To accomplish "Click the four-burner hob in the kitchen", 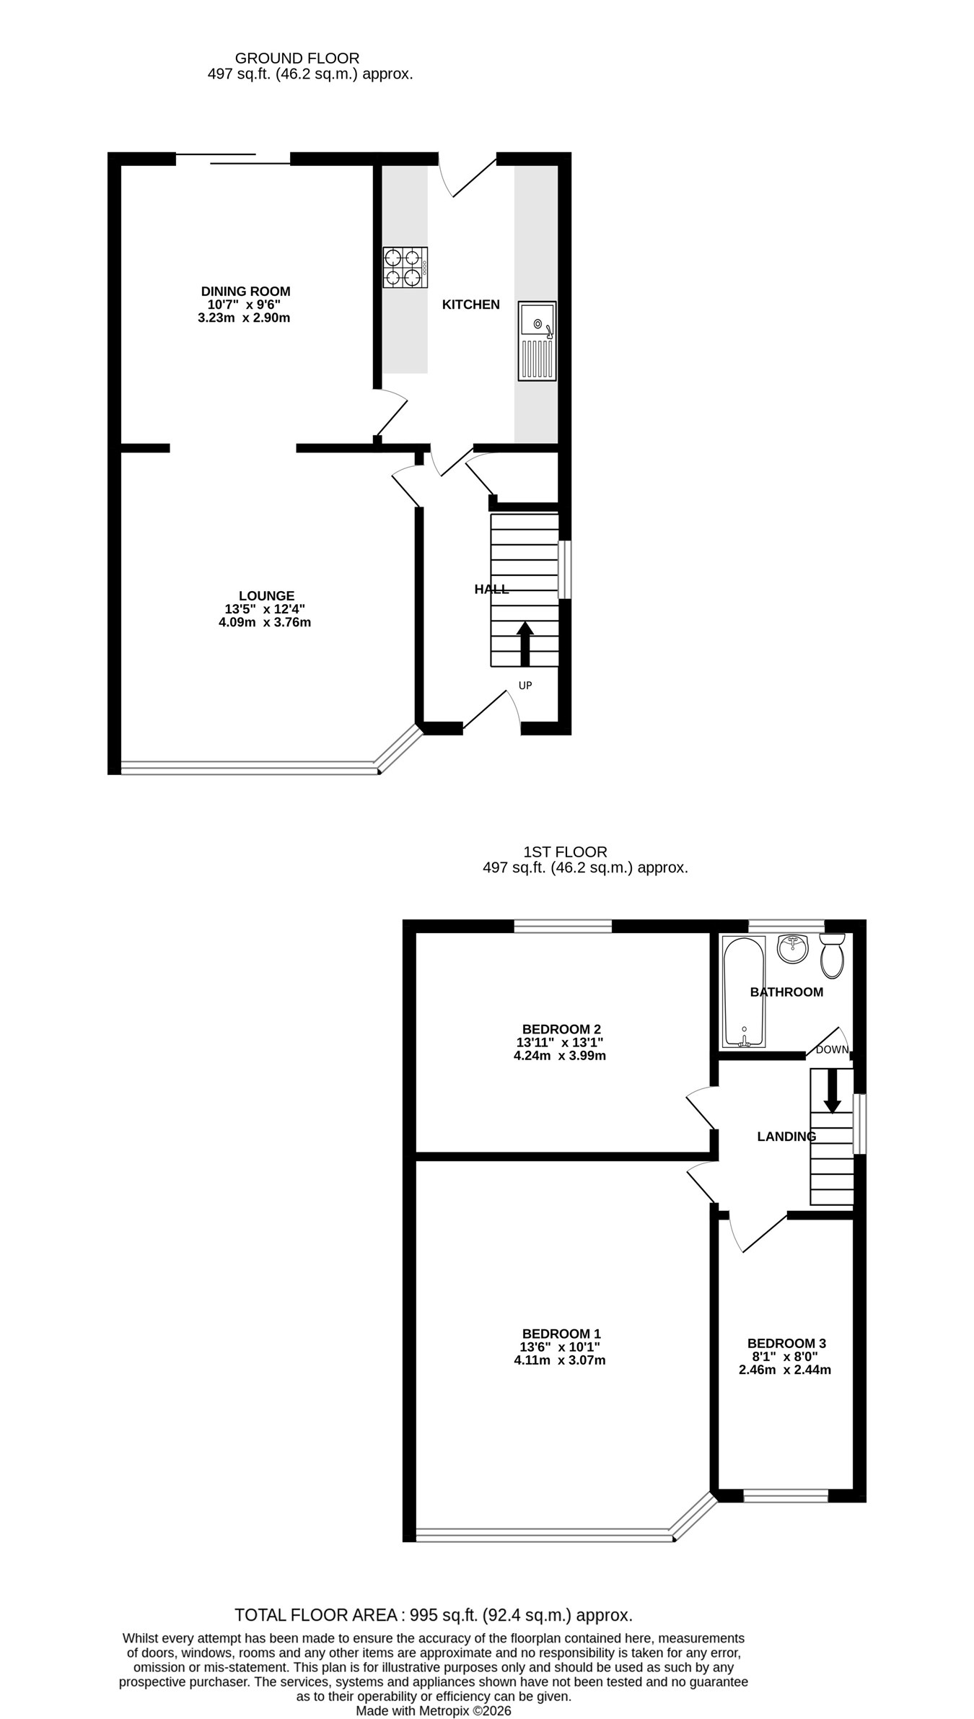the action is click(x=405, y=267).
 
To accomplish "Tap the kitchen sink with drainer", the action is click(x=537, y=341).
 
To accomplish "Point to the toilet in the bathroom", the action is click(x=832, y=955).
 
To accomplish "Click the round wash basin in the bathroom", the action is click(x=793, y=948).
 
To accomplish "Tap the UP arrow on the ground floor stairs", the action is click(x=525, y=644).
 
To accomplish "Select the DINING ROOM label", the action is click(x=245, y=292).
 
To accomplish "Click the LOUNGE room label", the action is click(x=267, y=596).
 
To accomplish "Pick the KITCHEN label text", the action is click(x=471, y=305).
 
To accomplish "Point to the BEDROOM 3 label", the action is click(x=786, y=1343).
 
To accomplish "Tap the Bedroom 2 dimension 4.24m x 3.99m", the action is click(x=560, y=1055).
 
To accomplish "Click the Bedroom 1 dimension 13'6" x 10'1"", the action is click(x=560, y=1347).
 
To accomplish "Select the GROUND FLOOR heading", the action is click(x=297, y=58).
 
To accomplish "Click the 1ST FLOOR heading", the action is click(x=566, y=852).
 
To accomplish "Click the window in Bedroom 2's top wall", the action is click(x=563, y=926).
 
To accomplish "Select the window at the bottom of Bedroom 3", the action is click(x=786, y=1496).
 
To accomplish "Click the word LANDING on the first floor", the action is click(x=786, y=1137).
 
